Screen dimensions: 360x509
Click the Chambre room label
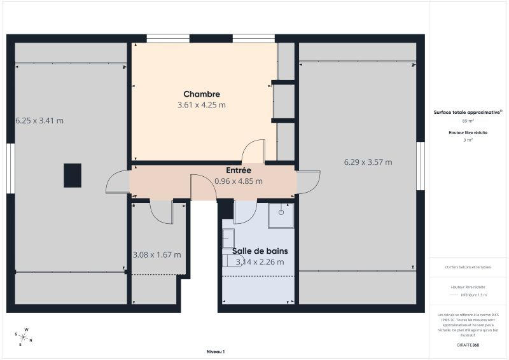[202, 94]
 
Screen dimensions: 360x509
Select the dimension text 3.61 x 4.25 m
[202, 105]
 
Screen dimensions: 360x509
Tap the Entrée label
[239, 170]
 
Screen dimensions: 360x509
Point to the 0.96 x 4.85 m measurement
[239, 181]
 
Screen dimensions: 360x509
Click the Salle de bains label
[260, 251]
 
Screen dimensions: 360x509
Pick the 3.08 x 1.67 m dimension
[157, 254]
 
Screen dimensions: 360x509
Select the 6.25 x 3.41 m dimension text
[39, 120]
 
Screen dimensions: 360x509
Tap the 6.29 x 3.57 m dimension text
[368, 162]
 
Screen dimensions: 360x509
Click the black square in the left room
[73, 175]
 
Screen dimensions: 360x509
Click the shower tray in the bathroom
[281, 216]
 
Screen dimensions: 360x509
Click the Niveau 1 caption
[216, 351]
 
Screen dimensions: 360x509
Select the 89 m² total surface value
[468, 121]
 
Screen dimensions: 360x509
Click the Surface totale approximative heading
[468, 112]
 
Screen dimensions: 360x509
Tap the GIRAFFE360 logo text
[468, 344]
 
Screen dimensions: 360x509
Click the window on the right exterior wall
[421, 165]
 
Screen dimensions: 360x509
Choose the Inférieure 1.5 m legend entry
[473, 294]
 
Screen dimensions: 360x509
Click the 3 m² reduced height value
[468, 140]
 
